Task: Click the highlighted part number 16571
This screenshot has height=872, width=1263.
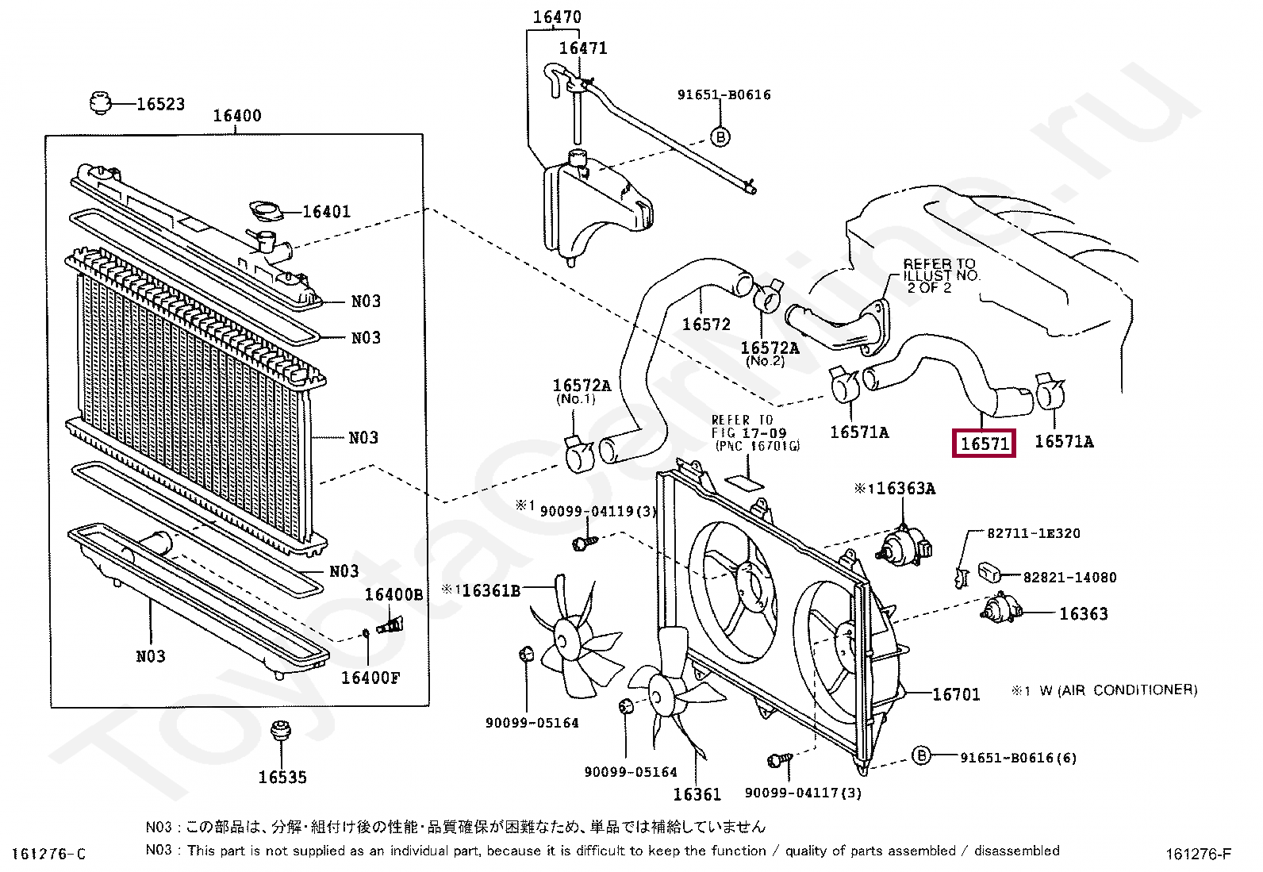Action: point(984,444)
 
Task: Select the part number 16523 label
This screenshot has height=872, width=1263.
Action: point(161,104)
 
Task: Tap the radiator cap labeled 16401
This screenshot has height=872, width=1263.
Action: point(266,212)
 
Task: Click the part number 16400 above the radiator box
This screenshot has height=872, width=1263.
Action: point(236,116)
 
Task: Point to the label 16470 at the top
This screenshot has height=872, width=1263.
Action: point(557,17)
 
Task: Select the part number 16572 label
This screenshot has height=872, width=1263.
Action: point(706,325)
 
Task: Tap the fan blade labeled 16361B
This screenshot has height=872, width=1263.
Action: point(575,637)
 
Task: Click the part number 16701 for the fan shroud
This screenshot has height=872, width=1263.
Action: point(956,694)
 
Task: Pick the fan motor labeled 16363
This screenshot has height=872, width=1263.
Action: point(1002,609)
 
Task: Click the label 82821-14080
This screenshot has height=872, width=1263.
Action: point(1069,578)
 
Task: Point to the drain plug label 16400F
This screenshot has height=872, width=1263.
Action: point(370,678)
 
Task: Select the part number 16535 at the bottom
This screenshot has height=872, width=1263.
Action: point(282,778)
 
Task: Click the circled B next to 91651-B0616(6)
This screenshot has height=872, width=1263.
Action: point(921,755)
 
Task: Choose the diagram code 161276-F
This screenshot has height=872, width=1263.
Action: point(1199,854)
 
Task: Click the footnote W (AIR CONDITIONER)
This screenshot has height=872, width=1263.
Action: point(1119,690)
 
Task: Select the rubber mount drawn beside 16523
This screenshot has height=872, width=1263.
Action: point(101,102)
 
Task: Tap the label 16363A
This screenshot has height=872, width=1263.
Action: point(901,489)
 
